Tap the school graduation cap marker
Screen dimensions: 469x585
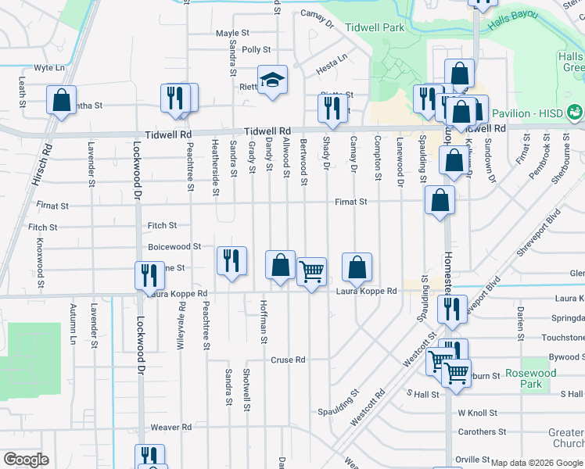coord(272,80)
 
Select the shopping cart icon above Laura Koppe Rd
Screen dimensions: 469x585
coord(311,272)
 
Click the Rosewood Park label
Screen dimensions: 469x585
coord(530,378)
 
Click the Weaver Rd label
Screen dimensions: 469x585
coord(170,428)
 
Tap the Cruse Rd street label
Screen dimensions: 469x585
coord(287,360)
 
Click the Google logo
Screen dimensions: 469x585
coord(25,460)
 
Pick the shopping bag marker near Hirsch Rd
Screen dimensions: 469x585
coord(61,101)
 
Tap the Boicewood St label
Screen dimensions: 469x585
coord(174,247)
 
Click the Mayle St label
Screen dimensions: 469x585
coord(232,34)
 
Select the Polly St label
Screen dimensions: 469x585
coord(256,49)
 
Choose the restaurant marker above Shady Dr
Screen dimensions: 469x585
coord(332,108)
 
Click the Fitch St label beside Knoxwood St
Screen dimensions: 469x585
coord(42,227)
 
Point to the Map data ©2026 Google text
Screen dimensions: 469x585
coord(536,463)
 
